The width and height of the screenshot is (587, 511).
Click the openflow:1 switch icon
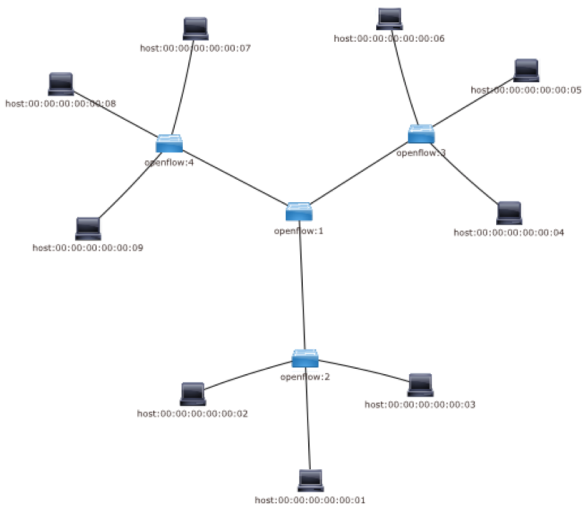coord(299,212)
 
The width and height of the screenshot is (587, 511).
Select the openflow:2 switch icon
coord(305,359)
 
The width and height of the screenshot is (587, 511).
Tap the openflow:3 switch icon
coord(421,134)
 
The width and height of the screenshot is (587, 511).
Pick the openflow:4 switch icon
coord(169,144)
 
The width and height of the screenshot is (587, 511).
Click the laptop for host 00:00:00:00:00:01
coord(311,481)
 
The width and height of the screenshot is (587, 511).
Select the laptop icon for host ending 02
coord(193,394)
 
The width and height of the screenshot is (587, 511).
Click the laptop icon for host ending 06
coord(390,19)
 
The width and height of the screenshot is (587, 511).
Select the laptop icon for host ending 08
coord(61,84)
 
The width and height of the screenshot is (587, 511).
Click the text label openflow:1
coord(299,231)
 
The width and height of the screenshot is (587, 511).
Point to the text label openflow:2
coord(305,377)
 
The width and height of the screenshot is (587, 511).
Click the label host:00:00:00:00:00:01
coord(310,500)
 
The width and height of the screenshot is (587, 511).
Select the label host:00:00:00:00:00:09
coord(88,248)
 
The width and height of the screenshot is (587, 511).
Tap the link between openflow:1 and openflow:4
coord(234,177)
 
